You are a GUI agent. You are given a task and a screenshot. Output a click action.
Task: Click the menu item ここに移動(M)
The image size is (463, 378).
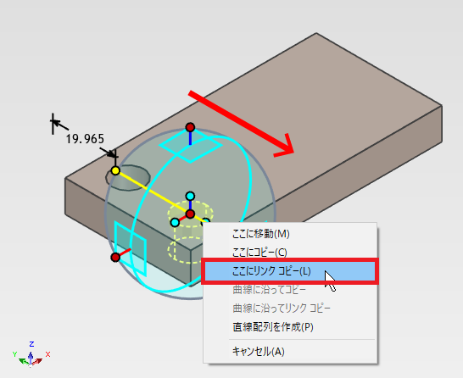(260, 234)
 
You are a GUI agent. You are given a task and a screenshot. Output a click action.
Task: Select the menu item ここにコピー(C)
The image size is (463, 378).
(259, 253)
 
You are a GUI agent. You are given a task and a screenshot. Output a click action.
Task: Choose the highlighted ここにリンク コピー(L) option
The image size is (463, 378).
(271, 271)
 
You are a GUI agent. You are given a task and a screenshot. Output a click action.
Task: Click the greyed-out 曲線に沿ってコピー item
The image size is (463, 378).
(269, 290)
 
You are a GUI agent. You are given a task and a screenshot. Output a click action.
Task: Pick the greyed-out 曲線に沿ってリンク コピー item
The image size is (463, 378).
(282, 309)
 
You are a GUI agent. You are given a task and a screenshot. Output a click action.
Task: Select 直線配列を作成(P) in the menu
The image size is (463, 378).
(273, 327)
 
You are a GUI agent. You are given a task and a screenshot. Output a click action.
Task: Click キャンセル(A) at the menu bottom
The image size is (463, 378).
(259, 352)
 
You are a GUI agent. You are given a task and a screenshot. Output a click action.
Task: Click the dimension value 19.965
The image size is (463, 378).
(85, 139)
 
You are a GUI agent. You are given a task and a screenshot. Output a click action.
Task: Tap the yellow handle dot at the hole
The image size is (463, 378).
(115, 170)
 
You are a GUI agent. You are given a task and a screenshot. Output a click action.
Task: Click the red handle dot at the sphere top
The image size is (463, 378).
(190, 127)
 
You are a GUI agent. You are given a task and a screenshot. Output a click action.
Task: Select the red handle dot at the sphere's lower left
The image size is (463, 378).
(115, 258)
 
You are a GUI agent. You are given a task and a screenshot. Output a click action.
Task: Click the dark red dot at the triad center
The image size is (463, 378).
(190, 214)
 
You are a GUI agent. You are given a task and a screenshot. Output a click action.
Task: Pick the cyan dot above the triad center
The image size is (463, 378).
(190, 196)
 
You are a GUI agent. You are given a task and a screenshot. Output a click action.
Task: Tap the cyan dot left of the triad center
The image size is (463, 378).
(175, 222)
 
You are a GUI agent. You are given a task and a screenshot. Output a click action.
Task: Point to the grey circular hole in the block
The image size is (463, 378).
(128, 178)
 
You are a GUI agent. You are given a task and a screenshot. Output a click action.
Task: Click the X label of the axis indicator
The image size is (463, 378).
(47, 354)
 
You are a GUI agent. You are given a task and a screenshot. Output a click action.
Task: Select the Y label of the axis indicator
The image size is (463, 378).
(14, 354)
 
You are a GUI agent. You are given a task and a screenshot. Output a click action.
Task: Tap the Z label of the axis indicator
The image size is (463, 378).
(31, 344)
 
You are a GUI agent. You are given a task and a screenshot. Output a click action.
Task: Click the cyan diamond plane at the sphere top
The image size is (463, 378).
(190, 146)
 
